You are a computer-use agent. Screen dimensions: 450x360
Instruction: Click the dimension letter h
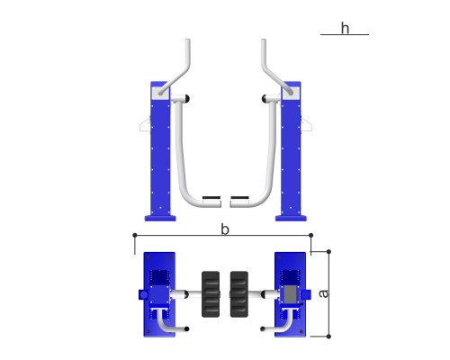(x=345, y=28)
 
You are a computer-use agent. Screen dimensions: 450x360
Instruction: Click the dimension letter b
(x=225, y=229)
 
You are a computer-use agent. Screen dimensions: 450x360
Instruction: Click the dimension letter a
(x=324, y=293)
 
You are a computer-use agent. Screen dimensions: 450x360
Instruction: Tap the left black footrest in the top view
(x=211, y=294)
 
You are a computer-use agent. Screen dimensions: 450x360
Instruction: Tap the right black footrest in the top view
(x=239, y=294)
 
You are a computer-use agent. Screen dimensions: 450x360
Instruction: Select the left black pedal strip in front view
(x=211, y=198)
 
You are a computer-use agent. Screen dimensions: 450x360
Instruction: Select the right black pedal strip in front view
(x=239, y=198)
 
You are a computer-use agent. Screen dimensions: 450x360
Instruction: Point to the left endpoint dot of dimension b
(x=135, y=235)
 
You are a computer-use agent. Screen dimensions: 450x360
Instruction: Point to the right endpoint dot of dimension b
(x=310, y=235)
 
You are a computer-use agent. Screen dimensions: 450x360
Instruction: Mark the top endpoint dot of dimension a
(x=328, y=251)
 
